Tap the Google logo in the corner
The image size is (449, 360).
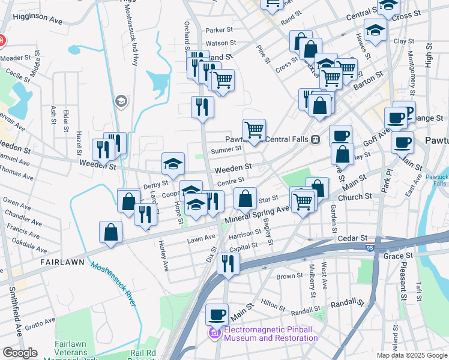[x=20, y=353]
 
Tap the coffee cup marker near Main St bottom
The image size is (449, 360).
[x=217, y=314]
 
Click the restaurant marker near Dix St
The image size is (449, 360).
[x=228, y=263]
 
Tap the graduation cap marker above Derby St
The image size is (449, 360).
[x=173, y=164]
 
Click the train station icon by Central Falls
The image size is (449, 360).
[x=315, y=139]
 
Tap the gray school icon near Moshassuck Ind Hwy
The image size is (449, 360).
[x=121, y=101]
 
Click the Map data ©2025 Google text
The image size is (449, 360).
[x=411, y=355]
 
